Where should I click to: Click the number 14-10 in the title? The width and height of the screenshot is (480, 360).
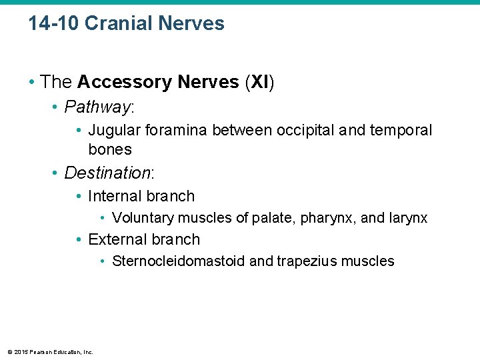tap(54, 23)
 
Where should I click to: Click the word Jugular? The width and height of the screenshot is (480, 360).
tap(114, 131)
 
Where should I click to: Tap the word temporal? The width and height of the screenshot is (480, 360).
tap(403, 131)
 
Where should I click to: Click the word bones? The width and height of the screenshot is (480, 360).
tap(110, 149)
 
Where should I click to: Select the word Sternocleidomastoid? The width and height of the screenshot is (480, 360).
tap(179, 261)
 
